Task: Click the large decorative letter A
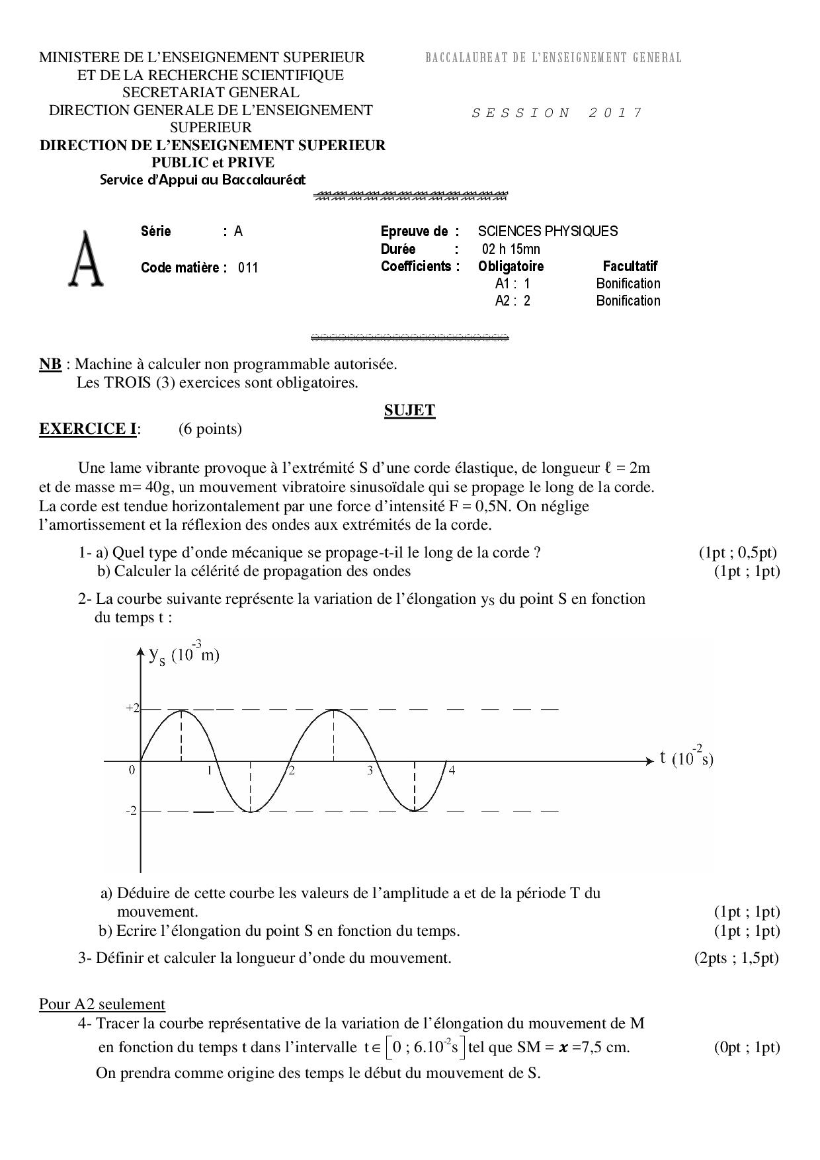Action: click(x=86, y=260)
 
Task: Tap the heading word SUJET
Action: click(x=409, y=410)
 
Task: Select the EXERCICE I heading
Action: click(x=88, y=429)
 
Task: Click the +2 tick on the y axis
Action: click(x=133, y=708)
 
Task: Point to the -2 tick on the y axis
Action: click(x=132, y=811)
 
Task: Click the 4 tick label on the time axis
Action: click(x=452, y=770)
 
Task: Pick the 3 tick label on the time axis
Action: click(x=370, y=770)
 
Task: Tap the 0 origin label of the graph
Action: click(x=132, y=770)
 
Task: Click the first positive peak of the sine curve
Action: click(x=182, y=710)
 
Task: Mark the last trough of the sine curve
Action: click(x=415, y=811)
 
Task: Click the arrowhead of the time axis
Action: click(x=649, y=761)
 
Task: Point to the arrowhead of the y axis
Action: click(x=140, y=652)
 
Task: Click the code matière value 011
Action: click(x=248, y=268)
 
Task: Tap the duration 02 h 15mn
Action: click(x=511, y=249)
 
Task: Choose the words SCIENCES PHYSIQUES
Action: click(x=548, y=231)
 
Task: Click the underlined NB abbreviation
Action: click(x=50, y=364)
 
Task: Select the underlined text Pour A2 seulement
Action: click(x=102, y=1004)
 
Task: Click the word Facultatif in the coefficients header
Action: click(x=630, y=267)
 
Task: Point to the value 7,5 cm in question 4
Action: click(x=604, y=1048)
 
